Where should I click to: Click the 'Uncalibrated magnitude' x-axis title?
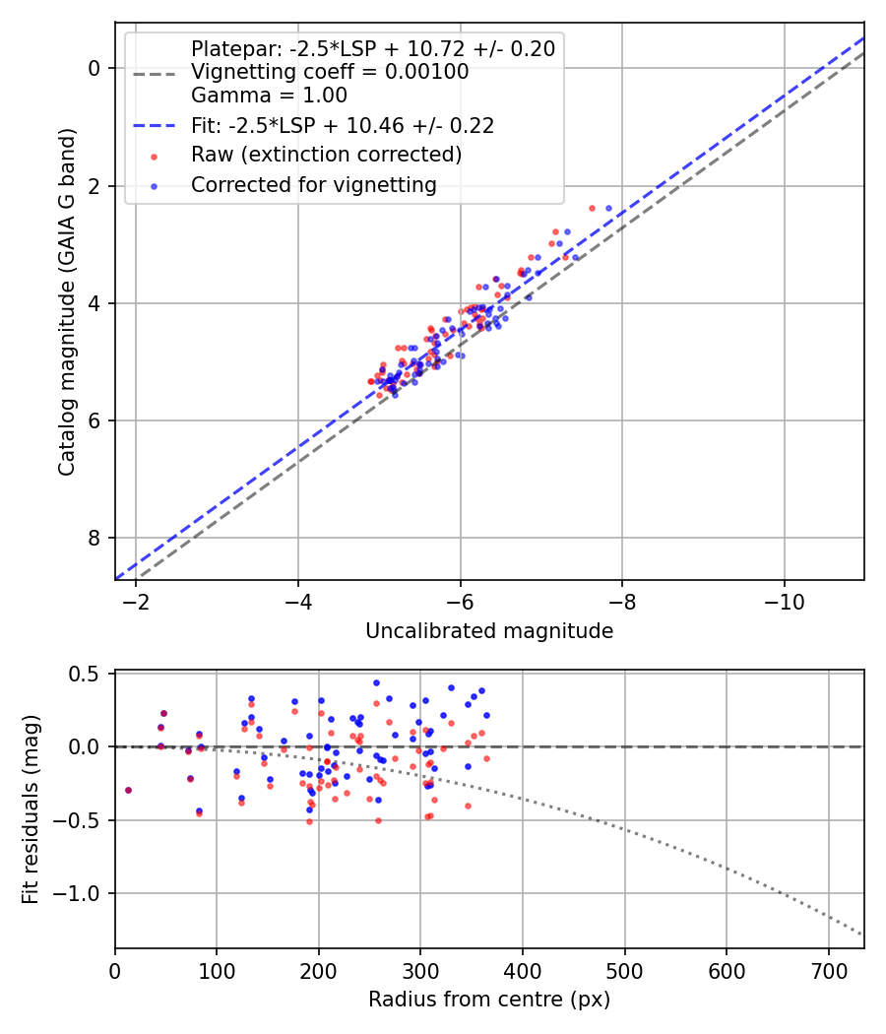489,631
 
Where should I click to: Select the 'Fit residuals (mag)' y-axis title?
31,809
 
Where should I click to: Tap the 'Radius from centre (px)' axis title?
489,1000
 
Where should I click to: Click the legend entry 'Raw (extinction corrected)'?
326,155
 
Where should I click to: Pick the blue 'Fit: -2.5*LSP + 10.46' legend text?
343,125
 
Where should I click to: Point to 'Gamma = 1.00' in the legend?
269,96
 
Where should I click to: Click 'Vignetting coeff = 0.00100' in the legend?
330,72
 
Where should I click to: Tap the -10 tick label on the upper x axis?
784,601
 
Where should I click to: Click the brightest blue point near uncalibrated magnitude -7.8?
608,209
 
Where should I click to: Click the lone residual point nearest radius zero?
128,790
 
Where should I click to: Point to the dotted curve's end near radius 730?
861,934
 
